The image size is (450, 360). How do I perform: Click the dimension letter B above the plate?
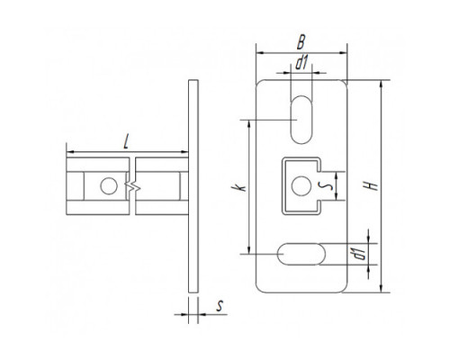pos(301,42)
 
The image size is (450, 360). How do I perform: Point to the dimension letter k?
pos(240,187)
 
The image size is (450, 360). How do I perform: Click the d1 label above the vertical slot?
pos(301,63)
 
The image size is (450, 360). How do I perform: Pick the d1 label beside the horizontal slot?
pos(359,254)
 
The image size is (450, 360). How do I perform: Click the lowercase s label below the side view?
pos(220,306)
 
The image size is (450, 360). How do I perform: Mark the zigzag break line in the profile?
pos(133,186)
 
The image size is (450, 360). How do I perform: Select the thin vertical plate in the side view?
pos(193,186)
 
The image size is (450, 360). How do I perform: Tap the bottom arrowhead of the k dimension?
pos(248,249)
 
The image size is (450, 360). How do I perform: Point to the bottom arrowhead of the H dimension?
pos(381,288)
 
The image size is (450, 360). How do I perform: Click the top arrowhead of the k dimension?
pos(248,124)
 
